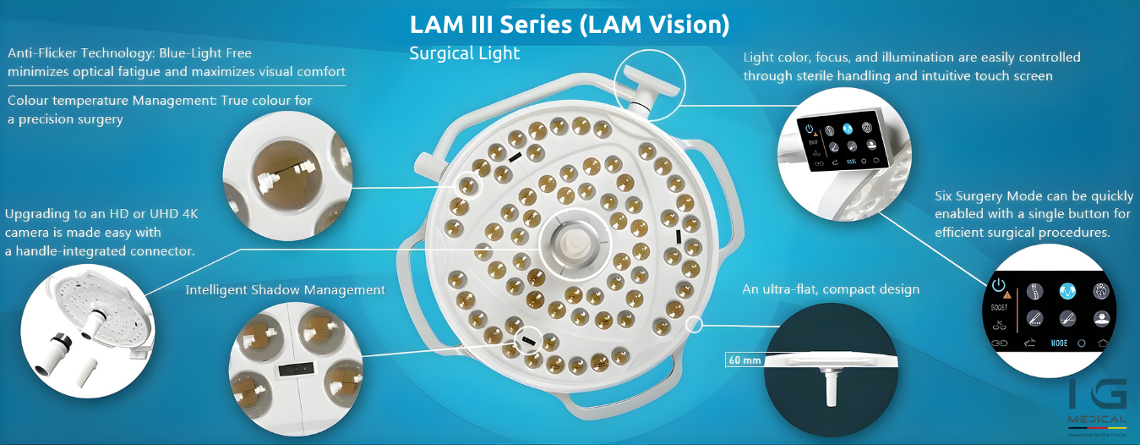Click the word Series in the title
(x=534, y=24)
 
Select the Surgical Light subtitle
(x=464, y=53)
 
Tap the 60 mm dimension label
(x=744, y=360)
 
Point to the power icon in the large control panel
(x=999, y=285)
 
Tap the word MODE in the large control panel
(x=1059, y=344)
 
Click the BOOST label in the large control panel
(x=999, y=309)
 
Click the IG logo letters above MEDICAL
(x=1097, y=395)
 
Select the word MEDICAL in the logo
(x=1097, y=420)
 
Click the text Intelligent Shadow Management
(x=285, y=290)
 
